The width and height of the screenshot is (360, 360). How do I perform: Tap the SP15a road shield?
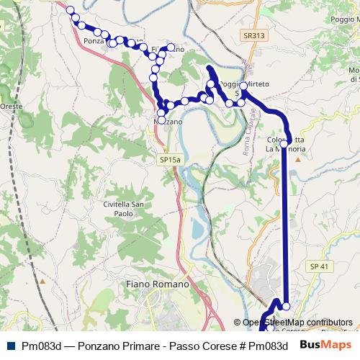(x=171, y=159)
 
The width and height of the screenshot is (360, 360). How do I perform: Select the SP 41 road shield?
(x=319, y=266)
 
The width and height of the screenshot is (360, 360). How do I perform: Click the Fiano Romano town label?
(x=157, y=284)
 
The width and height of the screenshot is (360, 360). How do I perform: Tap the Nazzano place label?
(x=166, y=122)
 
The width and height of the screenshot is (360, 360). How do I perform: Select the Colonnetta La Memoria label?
(x=287, y=144)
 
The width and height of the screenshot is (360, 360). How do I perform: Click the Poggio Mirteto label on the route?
(x=243, y=84)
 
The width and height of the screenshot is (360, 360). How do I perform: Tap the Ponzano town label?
(x=94, y=41)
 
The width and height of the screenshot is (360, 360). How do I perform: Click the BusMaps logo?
(x=326, y=346)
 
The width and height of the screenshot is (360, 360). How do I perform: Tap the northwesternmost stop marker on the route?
(x=70, y=10)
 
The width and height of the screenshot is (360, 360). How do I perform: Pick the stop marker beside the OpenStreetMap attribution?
(x=286, y=307)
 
